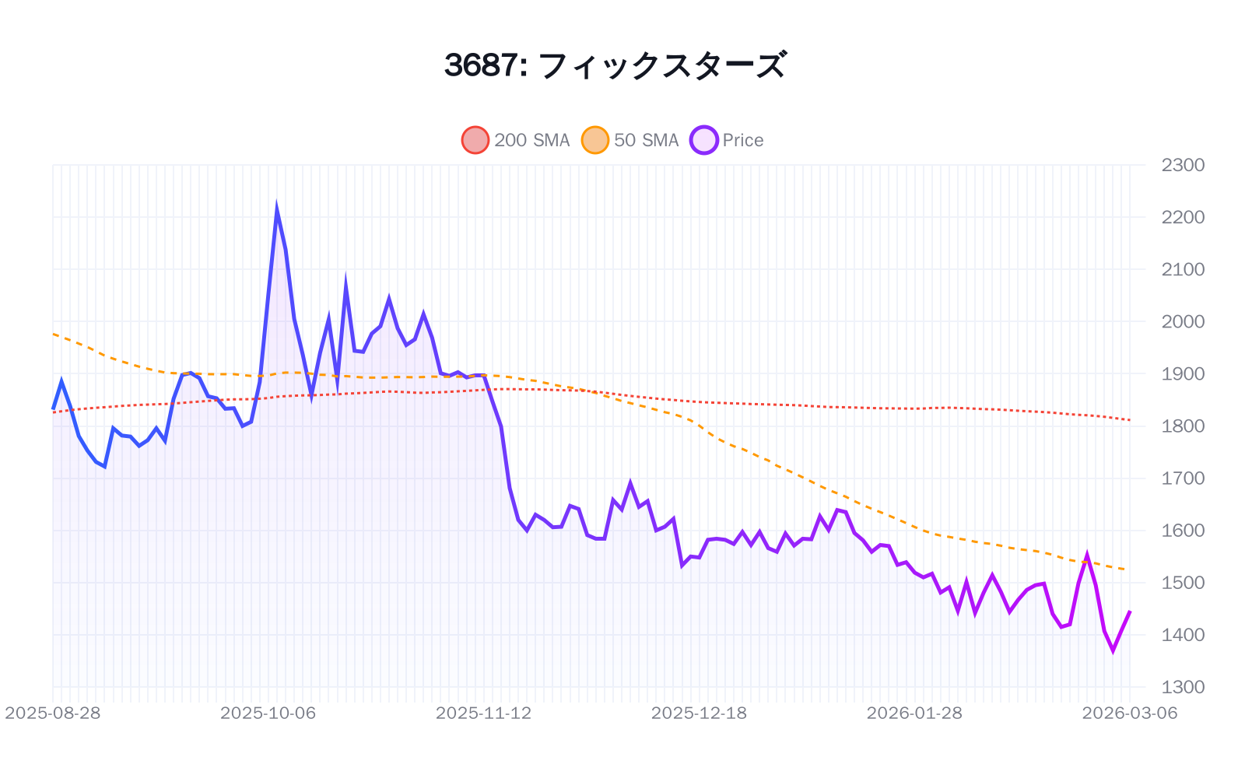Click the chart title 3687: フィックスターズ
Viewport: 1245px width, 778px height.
point(615,65)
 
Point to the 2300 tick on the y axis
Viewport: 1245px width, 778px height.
point(1183,165)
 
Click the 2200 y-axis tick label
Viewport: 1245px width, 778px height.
point(1183,217)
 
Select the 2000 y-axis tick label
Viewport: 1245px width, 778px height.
point(1183,321)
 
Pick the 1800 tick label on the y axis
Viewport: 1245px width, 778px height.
point(1183,426)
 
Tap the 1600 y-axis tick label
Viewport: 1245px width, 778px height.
point(1183,531)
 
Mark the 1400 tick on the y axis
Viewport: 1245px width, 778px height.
point(1183,635)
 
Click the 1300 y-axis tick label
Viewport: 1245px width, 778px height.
point(1183,687)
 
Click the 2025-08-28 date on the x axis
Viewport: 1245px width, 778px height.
point(53,713)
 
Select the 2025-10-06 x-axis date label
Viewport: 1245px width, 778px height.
point(268,713)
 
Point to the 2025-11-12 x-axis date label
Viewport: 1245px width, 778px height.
point(484,713)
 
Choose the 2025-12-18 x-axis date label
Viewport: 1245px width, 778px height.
point(699,713)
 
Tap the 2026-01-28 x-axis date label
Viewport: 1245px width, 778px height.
point(914,713)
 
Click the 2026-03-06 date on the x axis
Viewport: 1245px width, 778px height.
point(1130,713)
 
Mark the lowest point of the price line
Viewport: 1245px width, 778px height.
point(1113,650)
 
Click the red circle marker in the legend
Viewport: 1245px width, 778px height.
point(475,140)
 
